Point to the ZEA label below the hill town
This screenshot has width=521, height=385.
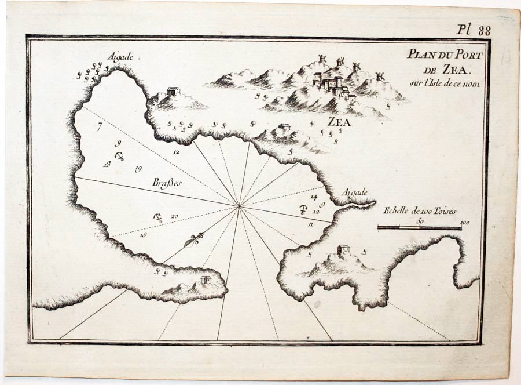tap(339, 122)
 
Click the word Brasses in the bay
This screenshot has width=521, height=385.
tap(167, 183)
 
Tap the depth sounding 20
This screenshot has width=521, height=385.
tap(174, 217)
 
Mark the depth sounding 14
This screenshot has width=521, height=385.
tap(314, 197)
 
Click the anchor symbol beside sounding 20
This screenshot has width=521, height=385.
tap(157, 218)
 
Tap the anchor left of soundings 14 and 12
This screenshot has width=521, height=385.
tap(302, 209)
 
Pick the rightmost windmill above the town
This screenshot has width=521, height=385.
tap(380, 76)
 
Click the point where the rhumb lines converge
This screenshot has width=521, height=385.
tap(239, 205)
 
